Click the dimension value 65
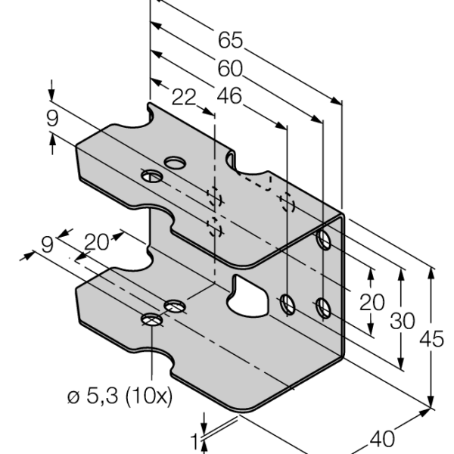tap(230, 40)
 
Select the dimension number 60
tap(230, 69)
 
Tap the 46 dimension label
tap(229, 96)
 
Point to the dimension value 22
tap(184, 98)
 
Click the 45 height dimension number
tap(431, 339)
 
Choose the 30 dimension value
tap(403, 321)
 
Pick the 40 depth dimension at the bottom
tap(382, 439)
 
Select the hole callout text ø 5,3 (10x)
tap(120, 396)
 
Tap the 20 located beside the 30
tap(372, 303)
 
